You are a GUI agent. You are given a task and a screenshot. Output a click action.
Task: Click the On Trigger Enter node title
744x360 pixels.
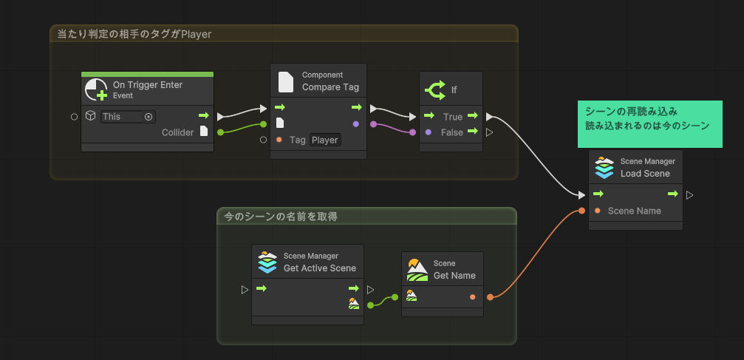[x=147, y=85]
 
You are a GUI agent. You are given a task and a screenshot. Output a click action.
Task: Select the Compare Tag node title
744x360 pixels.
[x=330, y=87]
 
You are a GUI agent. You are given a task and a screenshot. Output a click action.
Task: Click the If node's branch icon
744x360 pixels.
[x=435, y=90]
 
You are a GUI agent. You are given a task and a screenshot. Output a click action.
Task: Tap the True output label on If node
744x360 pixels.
[x=452, y=117]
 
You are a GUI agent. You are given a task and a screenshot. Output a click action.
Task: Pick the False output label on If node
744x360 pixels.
[x=452, y=132]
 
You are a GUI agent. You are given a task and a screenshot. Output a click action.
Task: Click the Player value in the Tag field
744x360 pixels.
[x=324, y=140]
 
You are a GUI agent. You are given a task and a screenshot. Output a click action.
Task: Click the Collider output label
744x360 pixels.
[x=177, y=132]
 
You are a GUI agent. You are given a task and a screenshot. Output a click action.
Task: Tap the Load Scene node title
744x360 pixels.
[x=645, y=174]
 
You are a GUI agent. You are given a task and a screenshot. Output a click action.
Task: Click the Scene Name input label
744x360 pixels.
[x=634, y=211]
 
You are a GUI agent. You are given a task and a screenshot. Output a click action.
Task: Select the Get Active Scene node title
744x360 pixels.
[x=319, y=268]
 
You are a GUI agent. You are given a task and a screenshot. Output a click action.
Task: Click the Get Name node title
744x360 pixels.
[x=454, y=276]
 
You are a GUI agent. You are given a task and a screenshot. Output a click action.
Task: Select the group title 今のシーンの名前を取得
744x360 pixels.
[x=281, y=216]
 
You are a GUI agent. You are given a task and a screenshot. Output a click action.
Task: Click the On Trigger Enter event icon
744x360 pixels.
[x=96, y=90]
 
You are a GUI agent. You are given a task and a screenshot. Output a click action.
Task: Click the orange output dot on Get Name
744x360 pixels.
[x=473, y=296]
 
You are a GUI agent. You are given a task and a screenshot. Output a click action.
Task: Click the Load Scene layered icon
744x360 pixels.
[x=605, y=168]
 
